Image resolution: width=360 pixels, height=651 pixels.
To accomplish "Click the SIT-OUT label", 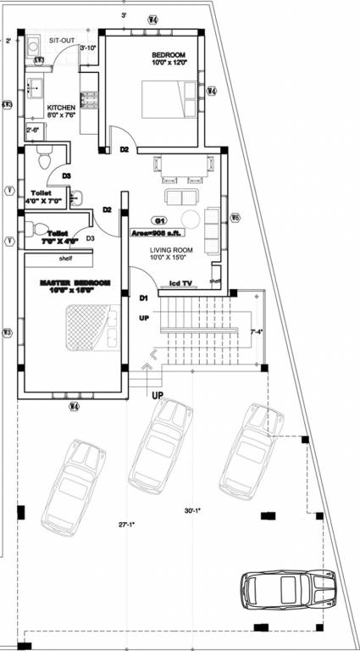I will point(62,40).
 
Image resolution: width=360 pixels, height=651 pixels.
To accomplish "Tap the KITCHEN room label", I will point(61,108).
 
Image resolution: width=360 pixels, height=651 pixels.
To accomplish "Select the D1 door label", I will point(144,298).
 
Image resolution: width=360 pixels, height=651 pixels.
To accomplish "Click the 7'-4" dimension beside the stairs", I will point(257,331).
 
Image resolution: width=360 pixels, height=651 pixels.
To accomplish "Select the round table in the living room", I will point(191,220).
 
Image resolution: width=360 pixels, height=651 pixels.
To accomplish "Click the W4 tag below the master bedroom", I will point(75,408).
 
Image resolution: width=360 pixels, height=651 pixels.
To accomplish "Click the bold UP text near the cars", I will point(158,396).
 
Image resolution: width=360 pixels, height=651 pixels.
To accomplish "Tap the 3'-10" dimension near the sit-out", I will point(89,48).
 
